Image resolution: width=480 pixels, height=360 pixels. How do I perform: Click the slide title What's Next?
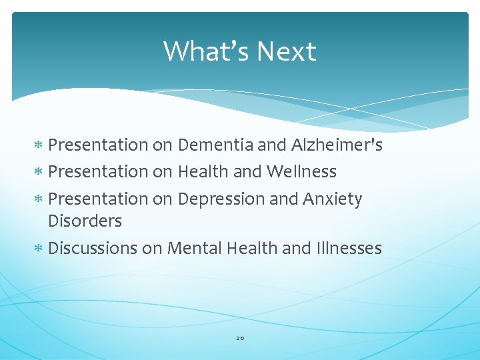click(x=239, y=51)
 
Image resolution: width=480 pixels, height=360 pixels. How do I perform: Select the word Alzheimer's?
click(x=337, y=145)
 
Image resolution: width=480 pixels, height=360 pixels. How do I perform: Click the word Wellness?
click(x=301, y=171)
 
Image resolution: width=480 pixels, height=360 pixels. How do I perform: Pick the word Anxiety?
click(x=332, y=199)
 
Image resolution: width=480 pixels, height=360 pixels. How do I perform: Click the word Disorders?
click(x=85, y=221)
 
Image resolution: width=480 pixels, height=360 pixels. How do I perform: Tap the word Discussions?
click(x=93, y=249)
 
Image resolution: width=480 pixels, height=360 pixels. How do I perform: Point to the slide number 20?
click(x=240, y=338)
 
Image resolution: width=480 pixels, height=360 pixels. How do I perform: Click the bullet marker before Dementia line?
click(x=39, y=145)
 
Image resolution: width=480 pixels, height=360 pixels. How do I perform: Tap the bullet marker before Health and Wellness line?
click(x=39, y=172)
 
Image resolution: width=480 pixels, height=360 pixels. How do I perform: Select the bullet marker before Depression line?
click(x=39, y=199)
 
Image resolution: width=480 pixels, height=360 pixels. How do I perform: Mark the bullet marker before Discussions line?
click(x=39, y=249)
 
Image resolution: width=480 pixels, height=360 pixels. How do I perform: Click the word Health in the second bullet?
click(x=203, y=171)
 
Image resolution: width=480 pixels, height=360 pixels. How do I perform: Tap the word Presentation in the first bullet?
click(x=98, y=145)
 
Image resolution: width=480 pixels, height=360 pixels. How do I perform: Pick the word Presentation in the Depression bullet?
click(x=98, y=199)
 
